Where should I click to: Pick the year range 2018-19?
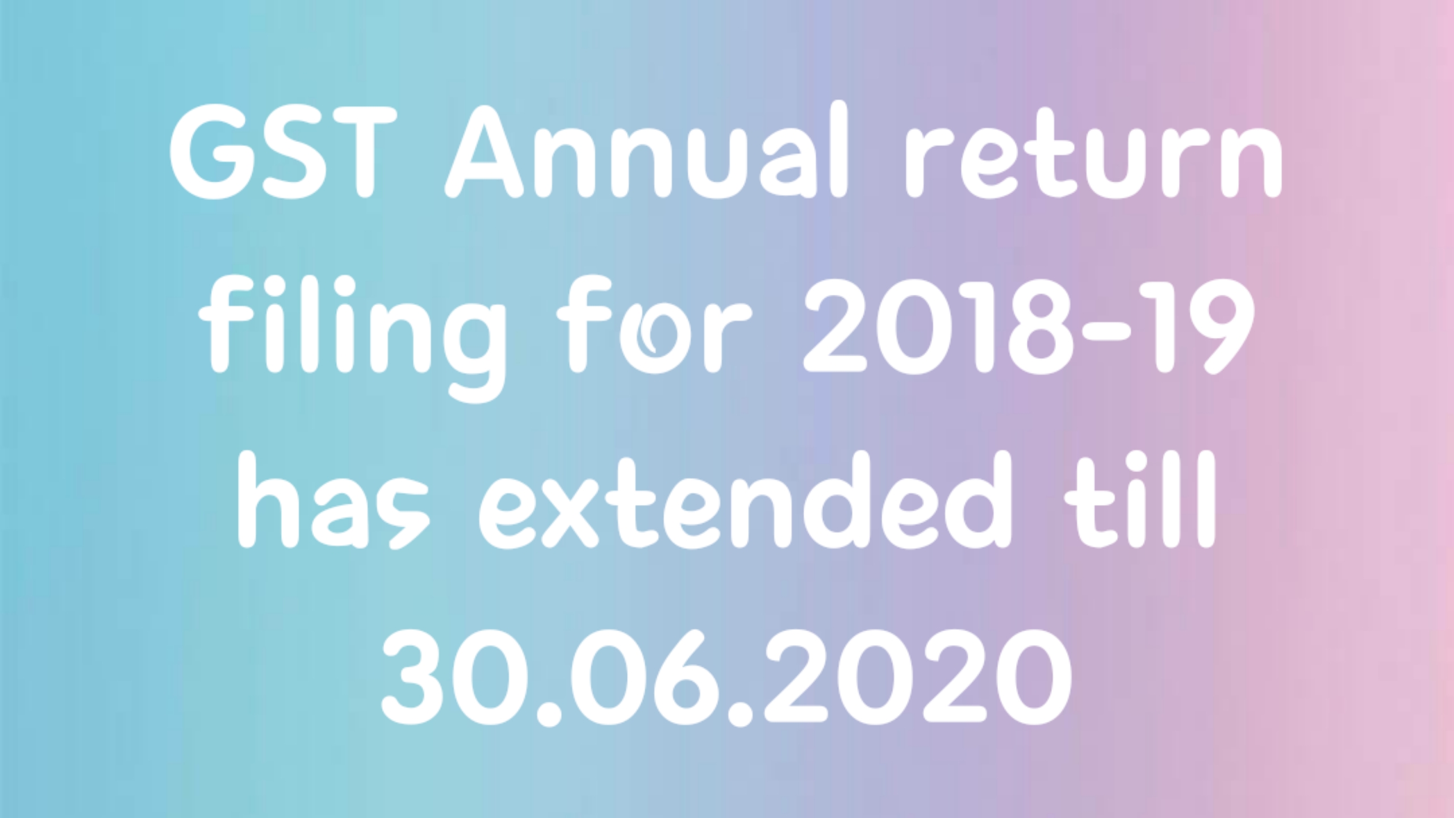(x=1028, y=327)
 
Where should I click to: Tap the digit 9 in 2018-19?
(x=1216, y=327)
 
